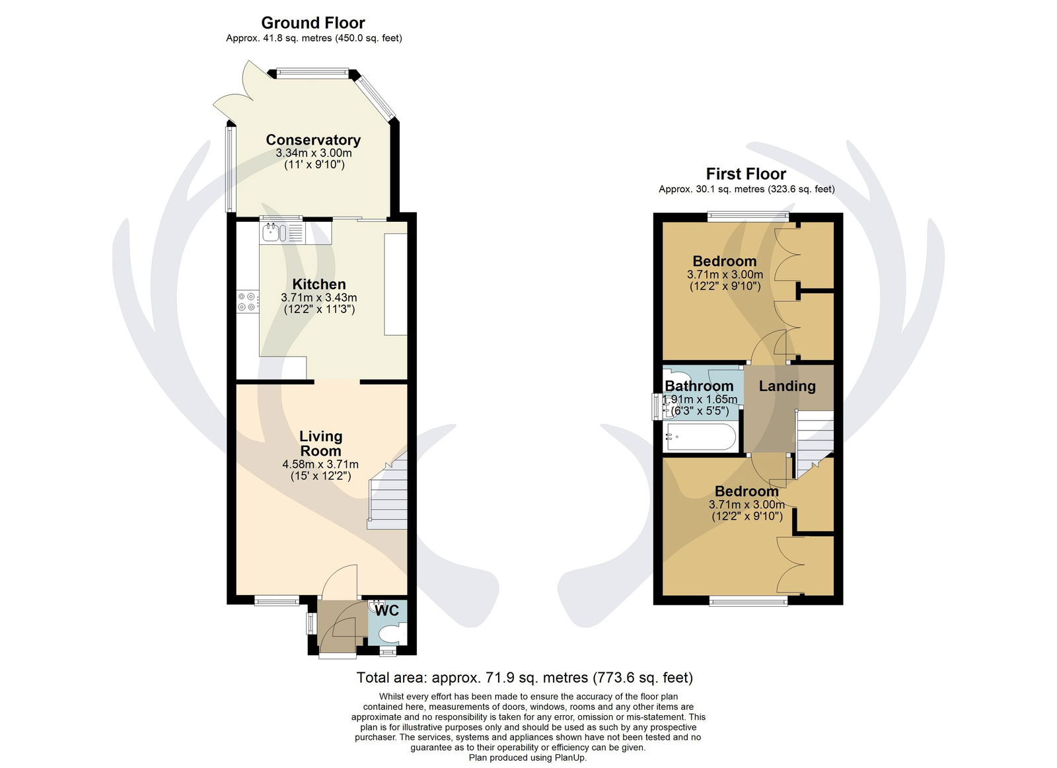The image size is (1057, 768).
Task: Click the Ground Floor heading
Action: pos(313,22)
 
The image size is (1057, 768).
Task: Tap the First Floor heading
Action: pos(746,174)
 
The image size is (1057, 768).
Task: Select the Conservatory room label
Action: pos(313,139)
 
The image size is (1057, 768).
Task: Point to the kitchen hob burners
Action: pos(248,302)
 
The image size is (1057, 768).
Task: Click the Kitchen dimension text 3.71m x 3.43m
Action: pos(319,298)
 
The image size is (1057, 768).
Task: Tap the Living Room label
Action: pos(321,443)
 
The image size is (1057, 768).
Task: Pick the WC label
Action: pos(387,610)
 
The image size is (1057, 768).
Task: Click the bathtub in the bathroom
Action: pos(700,437)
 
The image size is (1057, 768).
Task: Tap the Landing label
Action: pos(787,386)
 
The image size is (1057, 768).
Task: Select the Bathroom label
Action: pos(699,386)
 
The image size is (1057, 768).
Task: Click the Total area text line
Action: pos(525,678)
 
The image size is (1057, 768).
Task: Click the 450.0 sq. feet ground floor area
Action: pos(369,38)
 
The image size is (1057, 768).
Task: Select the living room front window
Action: pos(277,600)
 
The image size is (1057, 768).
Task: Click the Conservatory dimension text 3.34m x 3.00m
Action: pos(314,153)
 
